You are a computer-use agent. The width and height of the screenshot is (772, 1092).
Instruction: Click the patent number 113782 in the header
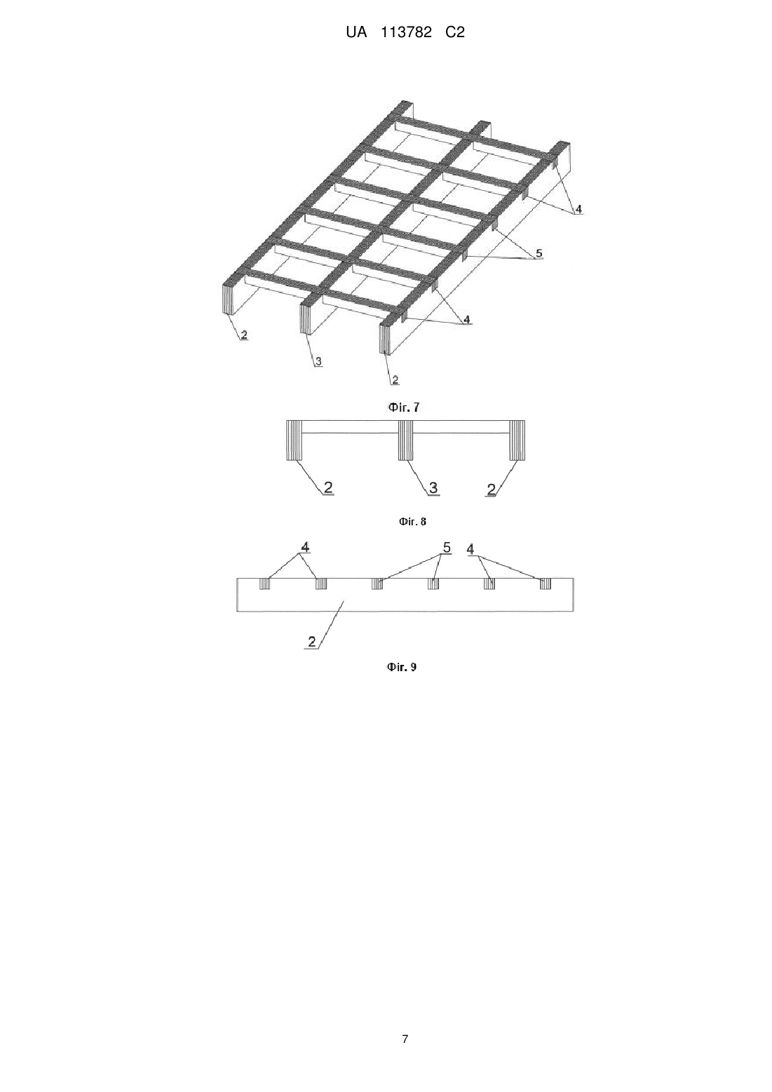[x=405, y=32]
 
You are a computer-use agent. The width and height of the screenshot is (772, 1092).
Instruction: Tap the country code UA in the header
[x=356, y=32]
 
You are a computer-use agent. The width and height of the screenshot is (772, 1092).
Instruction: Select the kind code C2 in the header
[x=455, y=32]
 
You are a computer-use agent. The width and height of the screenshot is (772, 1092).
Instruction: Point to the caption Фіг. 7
[x=404, y=407]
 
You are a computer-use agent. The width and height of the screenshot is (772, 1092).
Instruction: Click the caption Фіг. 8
[x=412, y=522]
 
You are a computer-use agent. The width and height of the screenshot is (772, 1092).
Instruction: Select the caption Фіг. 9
[x=402, y=667]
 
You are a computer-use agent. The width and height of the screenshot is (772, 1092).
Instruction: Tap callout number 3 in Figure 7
[x=318, y=361]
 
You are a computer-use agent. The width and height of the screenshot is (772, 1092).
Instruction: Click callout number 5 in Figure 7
[x=539, y=253]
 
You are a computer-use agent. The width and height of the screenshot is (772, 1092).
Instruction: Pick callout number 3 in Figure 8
[x=433, y=487]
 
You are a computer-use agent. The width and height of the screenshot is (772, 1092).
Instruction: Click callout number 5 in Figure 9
[x=447, y=548]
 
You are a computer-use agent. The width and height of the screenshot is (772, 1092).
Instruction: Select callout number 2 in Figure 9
[x=312, y=641]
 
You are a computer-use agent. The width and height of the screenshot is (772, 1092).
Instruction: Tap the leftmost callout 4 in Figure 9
[x=305, y=547]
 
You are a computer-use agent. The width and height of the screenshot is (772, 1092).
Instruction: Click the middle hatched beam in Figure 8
[x=405, y=440]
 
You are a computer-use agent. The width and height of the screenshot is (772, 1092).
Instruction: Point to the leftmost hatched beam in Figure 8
[x=294, y=440]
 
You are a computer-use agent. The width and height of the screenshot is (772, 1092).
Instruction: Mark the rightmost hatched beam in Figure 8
[x=517, y=440]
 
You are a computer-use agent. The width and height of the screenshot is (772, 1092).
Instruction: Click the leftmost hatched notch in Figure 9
[x=264, y=584]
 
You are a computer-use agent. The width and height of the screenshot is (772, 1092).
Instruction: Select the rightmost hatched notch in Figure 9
[x=546, y=584]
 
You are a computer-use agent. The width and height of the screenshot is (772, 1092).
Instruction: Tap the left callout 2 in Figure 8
[x=328, y=487]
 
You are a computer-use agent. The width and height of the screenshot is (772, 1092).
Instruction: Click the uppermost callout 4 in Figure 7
[x=578, y=209]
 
